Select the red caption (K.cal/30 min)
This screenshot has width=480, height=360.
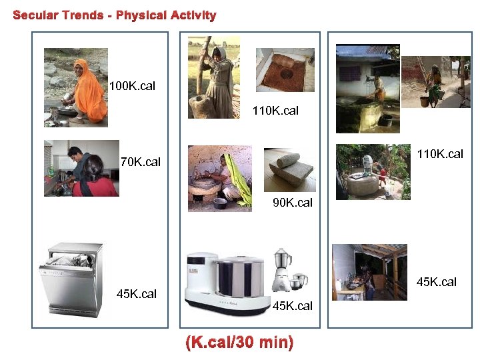click(239, 343)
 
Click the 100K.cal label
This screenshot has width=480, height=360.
click(133, 86)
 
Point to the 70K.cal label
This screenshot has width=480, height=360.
click(140, 161)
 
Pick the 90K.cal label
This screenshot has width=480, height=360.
click(293, 202)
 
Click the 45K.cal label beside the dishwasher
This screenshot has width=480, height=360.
click(137, 294)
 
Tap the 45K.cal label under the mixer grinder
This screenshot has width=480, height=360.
click(293, 306)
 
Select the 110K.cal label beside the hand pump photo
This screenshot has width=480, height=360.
click(440, 155)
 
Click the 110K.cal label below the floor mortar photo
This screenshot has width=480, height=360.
click(275, 111)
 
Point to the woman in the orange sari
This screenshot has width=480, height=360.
click(88, 91)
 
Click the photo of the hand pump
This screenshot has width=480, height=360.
click(373, 171)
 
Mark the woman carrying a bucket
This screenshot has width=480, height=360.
click(433, 83)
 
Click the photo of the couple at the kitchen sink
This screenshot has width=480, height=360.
click(81, 168)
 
